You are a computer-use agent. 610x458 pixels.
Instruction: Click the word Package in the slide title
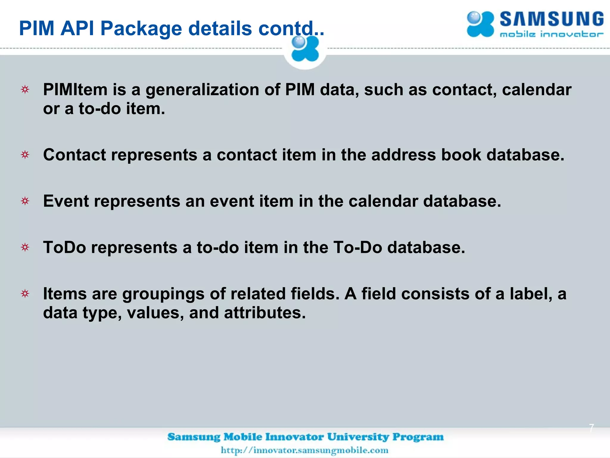coord(141,29)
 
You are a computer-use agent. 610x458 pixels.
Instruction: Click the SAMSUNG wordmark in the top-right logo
coord(552,20)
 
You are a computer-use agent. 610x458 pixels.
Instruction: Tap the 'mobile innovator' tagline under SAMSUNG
coord(552,35)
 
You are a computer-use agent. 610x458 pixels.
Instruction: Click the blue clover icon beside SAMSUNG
coord(480,24)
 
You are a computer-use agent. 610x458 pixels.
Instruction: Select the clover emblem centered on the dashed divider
coord(305,49)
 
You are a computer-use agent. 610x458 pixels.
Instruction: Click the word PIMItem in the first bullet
coord(75,89)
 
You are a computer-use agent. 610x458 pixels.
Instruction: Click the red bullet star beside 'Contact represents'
coord(25,155)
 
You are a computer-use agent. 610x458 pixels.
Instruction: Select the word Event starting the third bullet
coord(66,201)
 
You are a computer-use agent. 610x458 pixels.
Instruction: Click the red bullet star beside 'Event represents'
coord(25,201)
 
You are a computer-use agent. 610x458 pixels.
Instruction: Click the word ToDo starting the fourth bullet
coord(64,247)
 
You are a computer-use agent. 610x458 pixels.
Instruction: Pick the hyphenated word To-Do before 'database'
coord(357,247)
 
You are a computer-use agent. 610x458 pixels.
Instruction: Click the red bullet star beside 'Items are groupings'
coord(25,294)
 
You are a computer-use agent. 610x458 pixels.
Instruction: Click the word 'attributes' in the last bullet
coord(265,313)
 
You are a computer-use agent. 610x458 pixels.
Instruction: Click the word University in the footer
coord(358,437)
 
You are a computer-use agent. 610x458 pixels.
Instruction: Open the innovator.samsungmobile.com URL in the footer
coord(304,450)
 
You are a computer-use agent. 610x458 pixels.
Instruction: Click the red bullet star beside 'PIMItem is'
coord(25,89)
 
